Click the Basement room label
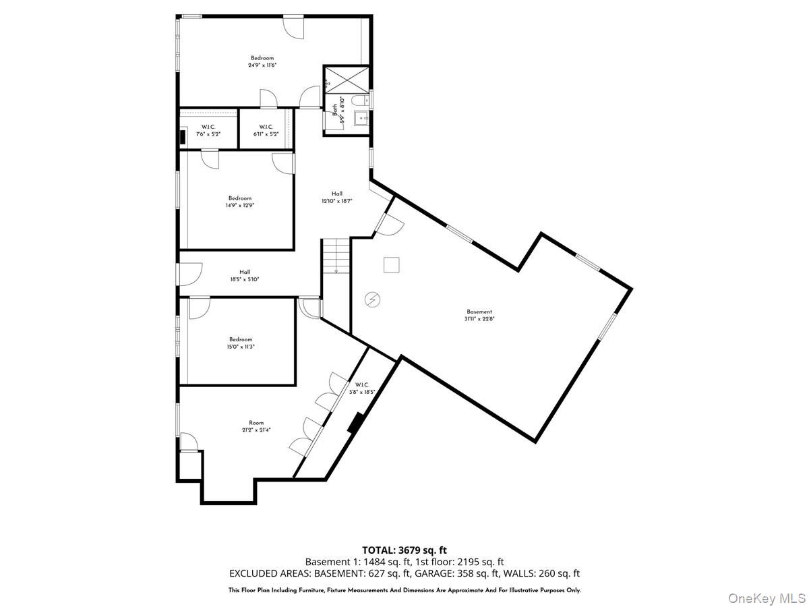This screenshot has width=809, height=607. [479, 312]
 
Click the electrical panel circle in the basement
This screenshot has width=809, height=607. [372, 299]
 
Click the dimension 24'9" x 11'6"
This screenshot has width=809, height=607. [262, 65]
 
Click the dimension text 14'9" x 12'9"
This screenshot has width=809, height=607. [239, 206]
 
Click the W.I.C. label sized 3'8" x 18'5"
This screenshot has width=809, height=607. [357, 388]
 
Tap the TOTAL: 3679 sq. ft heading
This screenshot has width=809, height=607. [404, 550]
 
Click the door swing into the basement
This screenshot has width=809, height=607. [390, 225]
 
